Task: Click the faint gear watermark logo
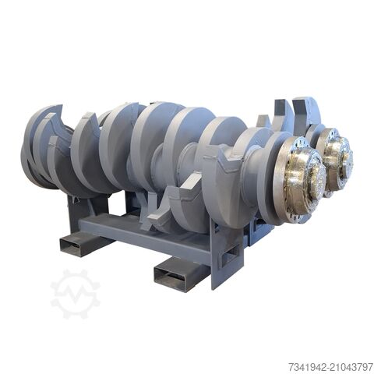(x=75, y=294)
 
